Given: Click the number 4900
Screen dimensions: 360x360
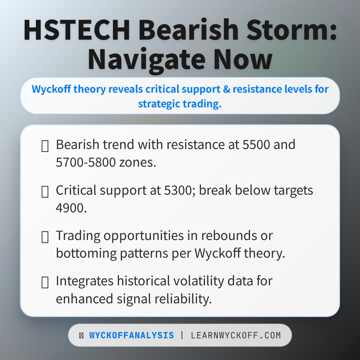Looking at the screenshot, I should click(71, 208).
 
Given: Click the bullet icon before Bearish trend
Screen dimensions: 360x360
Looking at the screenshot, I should click(45, 146).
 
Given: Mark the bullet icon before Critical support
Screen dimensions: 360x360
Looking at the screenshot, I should click(45, 192).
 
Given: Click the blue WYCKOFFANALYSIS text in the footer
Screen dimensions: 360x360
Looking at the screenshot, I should click(131, 335).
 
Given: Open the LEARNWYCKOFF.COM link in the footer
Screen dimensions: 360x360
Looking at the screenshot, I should click(236, 335).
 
